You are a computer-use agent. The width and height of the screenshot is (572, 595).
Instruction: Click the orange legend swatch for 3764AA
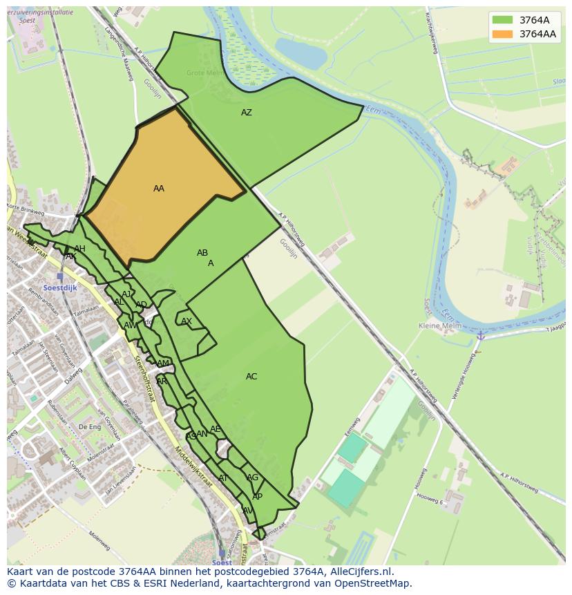(x=502, y=34)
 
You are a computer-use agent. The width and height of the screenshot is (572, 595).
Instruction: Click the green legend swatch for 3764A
(x=502, y=20)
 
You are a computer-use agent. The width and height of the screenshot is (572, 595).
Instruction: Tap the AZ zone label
(x=247, y=113)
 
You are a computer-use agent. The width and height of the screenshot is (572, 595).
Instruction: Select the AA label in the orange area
(x=159, y=189)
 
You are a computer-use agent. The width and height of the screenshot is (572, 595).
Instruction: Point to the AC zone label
(x=251, y=377)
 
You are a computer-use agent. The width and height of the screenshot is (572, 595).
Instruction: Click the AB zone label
(x=202, y=253)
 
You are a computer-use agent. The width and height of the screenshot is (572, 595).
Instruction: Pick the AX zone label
(x=187, y=321)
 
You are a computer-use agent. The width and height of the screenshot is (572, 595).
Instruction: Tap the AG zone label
(x=253, y=478)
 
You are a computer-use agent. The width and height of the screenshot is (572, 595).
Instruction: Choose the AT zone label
(x=223, y=478)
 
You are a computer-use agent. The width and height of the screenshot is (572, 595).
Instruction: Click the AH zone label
(x=79, y=249)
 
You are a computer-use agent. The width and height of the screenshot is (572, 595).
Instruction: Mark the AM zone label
(x=163, y=363)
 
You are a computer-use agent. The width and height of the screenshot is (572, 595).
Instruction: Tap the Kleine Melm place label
(x=440, y=325)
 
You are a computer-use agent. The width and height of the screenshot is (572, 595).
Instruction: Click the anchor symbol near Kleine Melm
(x=479, y=335)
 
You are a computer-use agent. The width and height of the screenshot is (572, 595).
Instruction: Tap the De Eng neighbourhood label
(x=90, y=427)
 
